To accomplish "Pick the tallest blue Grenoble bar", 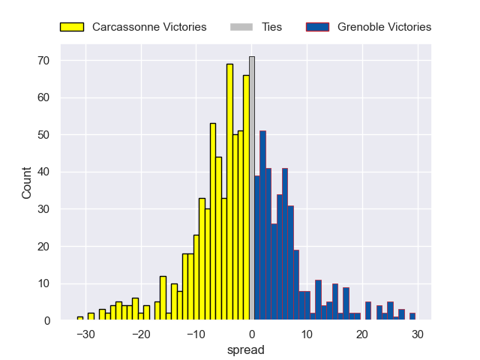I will click(262, 226).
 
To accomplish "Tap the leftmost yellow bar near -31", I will click(80, 318).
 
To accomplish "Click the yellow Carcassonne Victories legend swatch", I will click(71, 27).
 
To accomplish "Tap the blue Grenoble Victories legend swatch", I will click(317, 27).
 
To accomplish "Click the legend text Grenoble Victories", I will click(384, 27).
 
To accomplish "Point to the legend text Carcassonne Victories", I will click(149, 27).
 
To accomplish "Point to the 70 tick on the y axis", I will click(45, 60).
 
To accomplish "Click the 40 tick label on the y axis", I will click(45, 172).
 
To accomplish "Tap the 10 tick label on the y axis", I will click(45, 283).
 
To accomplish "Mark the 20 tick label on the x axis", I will click(363, 334).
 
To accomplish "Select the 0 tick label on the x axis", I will click(252, 334).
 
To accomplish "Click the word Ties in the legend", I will click(271, 27).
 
